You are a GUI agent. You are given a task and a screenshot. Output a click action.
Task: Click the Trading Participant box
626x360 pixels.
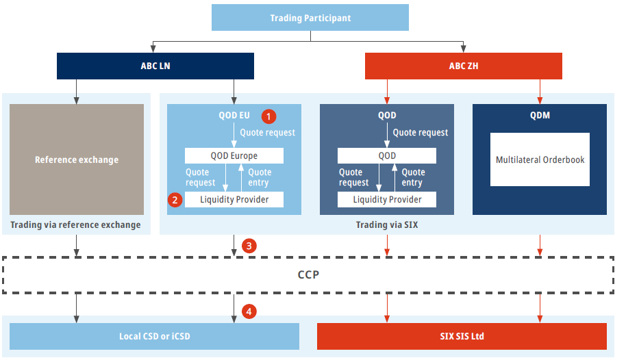click(x=310, y=18)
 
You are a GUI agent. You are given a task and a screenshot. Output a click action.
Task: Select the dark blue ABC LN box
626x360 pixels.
click(x=155, y=66)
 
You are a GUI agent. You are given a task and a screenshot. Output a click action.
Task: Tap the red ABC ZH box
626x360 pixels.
click(x=464, y=66)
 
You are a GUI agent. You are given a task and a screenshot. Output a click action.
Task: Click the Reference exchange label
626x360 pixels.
click(x=77, y=159)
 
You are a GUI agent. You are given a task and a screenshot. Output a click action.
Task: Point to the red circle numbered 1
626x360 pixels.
click(x=268, y=116)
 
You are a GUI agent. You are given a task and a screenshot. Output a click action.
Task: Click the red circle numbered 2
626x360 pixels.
click(x=175, y=200)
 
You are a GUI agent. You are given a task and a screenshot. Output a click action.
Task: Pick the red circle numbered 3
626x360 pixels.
click(x=249, y=246)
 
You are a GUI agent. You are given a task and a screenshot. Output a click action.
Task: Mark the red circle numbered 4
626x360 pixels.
click(x=249, y=311)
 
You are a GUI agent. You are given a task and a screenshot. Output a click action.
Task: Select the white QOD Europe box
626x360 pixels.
click(x=234, y=155)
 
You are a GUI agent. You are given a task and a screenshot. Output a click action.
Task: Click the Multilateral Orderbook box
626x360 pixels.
click(x=540, y=159)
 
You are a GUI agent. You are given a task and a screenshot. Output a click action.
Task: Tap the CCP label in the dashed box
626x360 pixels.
click(x=308, y=274)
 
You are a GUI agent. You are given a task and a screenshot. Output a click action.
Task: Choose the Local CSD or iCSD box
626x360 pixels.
click(x=155, y=336)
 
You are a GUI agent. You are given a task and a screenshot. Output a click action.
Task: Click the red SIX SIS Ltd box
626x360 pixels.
click(x=462, y=336)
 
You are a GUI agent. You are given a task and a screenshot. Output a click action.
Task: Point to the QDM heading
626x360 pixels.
click(x=540, y=116)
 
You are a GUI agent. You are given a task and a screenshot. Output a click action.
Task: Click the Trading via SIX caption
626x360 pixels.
click(x=387, y=224)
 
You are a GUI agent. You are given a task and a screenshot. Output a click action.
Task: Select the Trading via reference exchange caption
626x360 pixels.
click(x=75, y=224)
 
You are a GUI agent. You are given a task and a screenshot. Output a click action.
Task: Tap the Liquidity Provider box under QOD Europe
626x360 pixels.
click(x=234, y=200)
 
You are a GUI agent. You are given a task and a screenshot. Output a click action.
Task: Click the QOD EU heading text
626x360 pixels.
click(x=234, y=116)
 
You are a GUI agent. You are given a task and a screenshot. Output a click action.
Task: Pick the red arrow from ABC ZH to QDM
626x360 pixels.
click(x=540, y=92)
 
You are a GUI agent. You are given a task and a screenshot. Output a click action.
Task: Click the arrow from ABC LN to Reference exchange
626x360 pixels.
click(x=76, y=92)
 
